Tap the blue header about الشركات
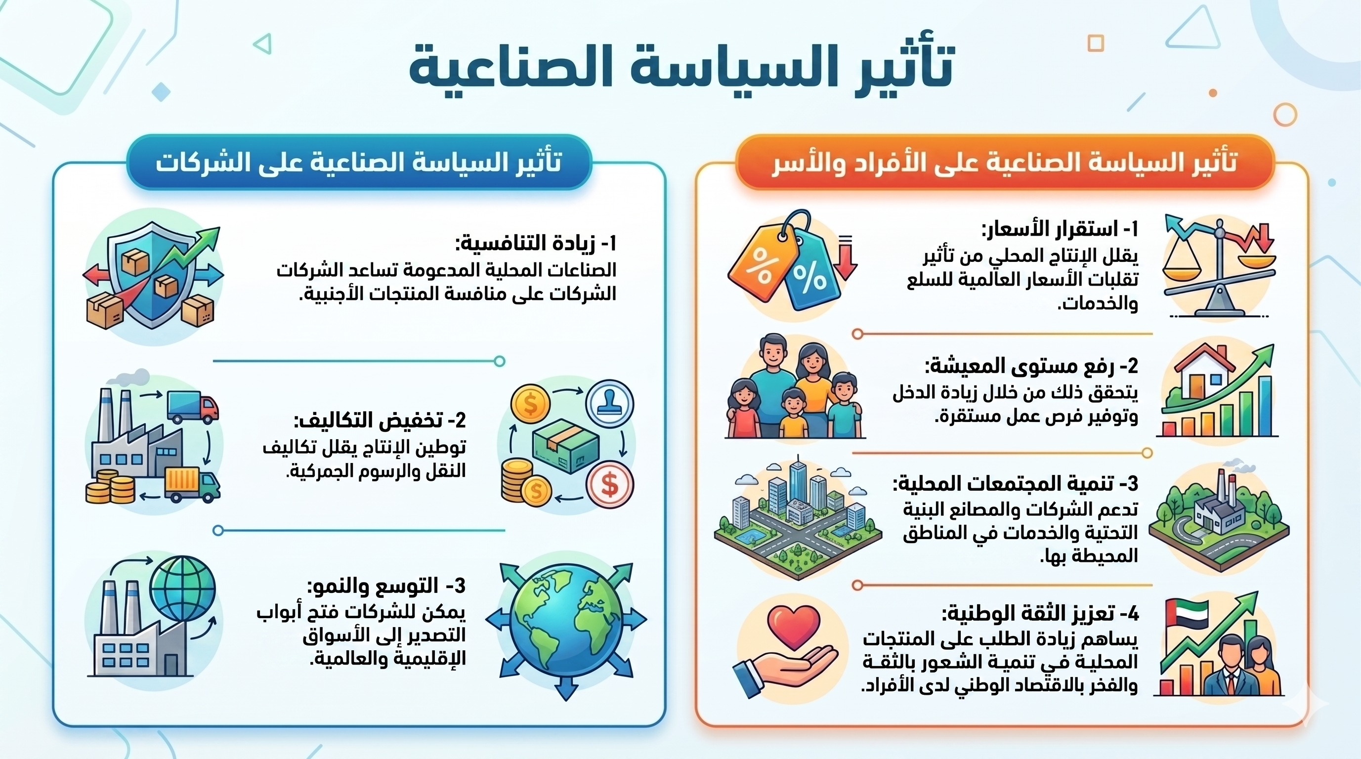[359, 162]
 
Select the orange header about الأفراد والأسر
[1004, 162]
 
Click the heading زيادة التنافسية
[536, 244]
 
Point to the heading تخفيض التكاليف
[380, 421]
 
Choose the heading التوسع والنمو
[386, 586]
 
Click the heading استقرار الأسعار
[1060, 229]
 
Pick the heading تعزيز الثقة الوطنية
[1040, 613]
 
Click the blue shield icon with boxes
[153, 277]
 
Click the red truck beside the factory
[193, 407]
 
